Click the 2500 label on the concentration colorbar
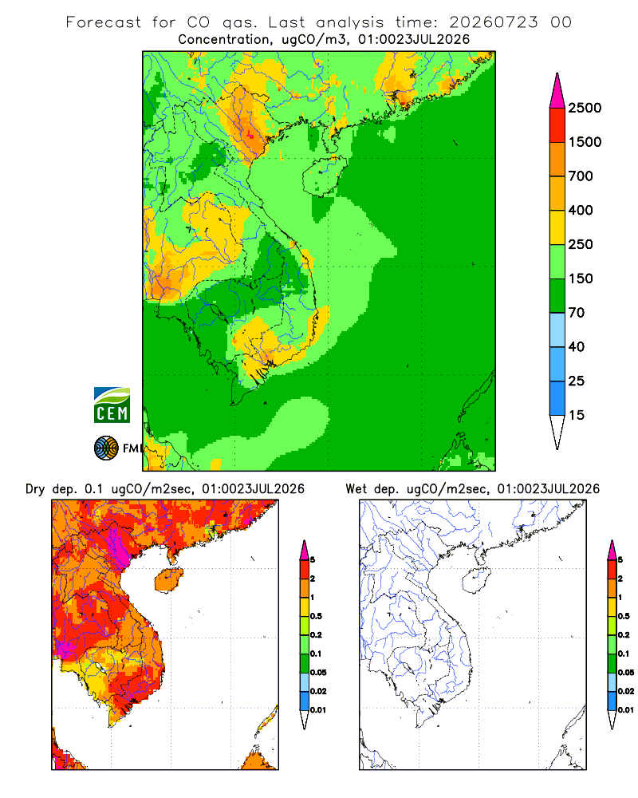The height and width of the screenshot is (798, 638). click(585, 108)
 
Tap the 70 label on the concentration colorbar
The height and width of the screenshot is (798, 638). click(577, 313)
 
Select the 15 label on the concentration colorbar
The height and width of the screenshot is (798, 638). click(577, 415)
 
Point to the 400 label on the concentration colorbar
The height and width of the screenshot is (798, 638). click(581, 210)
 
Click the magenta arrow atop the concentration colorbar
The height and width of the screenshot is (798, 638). click(557, 92)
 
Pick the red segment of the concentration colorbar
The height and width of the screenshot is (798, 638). click(557, 125)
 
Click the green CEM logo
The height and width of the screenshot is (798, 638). click(112, 405)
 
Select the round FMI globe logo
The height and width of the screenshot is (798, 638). click(106, 448)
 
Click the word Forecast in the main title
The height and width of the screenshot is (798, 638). click(104, 22)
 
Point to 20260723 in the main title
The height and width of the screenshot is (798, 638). click(494, 22)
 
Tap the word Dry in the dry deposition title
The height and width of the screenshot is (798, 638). click(35, 489)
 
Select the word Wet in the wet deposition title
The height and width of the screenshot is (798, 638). click(356, 489)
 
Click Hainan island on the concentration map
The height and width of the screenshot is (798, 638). click(324, 176)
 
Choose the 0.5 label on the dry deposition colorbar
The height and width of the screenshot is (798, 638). click(316, 616)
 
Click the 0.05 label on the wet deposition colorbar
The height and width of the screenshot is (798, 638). click(626, 673)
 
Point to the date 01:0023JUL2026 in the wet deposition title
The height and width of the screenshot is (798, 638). click(549, 489)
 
